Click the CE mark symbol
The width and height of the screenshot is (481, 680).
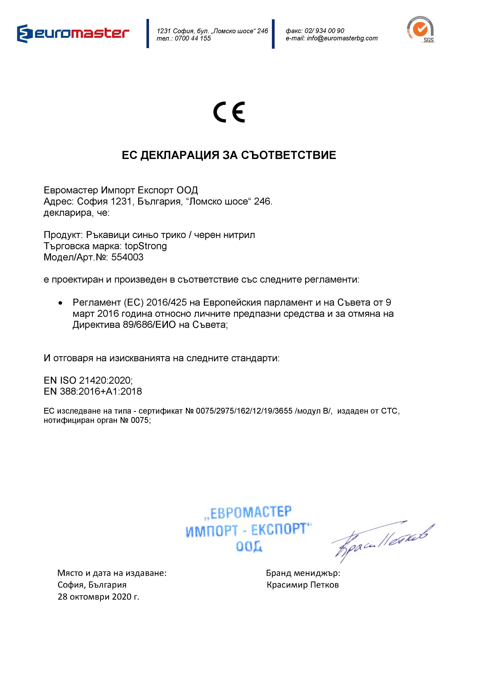229,112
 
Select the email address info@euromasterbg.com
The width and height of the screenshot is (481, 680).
342,38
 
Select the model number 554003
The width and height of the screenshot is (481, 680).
127,257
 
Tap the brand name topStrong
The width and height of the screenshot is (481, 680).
146,246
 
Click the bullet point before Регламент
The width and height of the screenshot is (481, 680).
60,303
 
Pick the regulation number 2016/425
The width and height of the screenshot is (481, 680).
166,302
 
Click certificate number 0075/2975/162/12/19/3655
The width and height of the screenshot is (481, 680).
244,411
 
